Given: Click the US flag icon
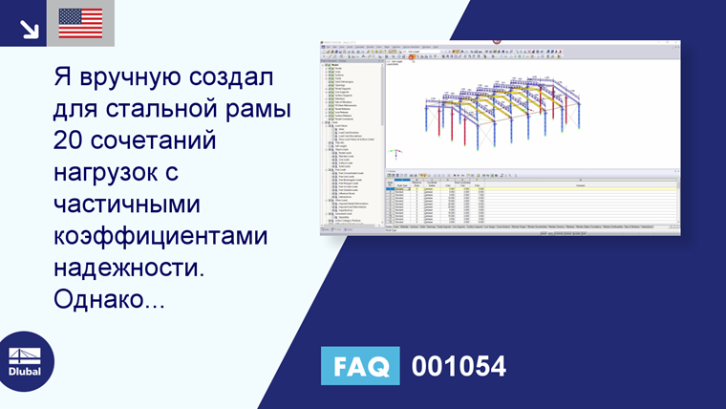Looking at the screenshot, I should pyautogui.click(x=80, y=23).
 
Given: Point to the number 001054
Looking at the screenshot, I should pyautogui.click(x=458, y=366).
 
